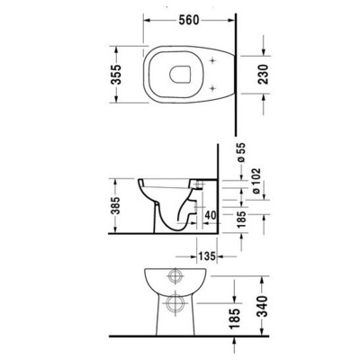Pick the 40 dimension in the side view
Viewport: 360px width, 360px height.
[x=209, y=215]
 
